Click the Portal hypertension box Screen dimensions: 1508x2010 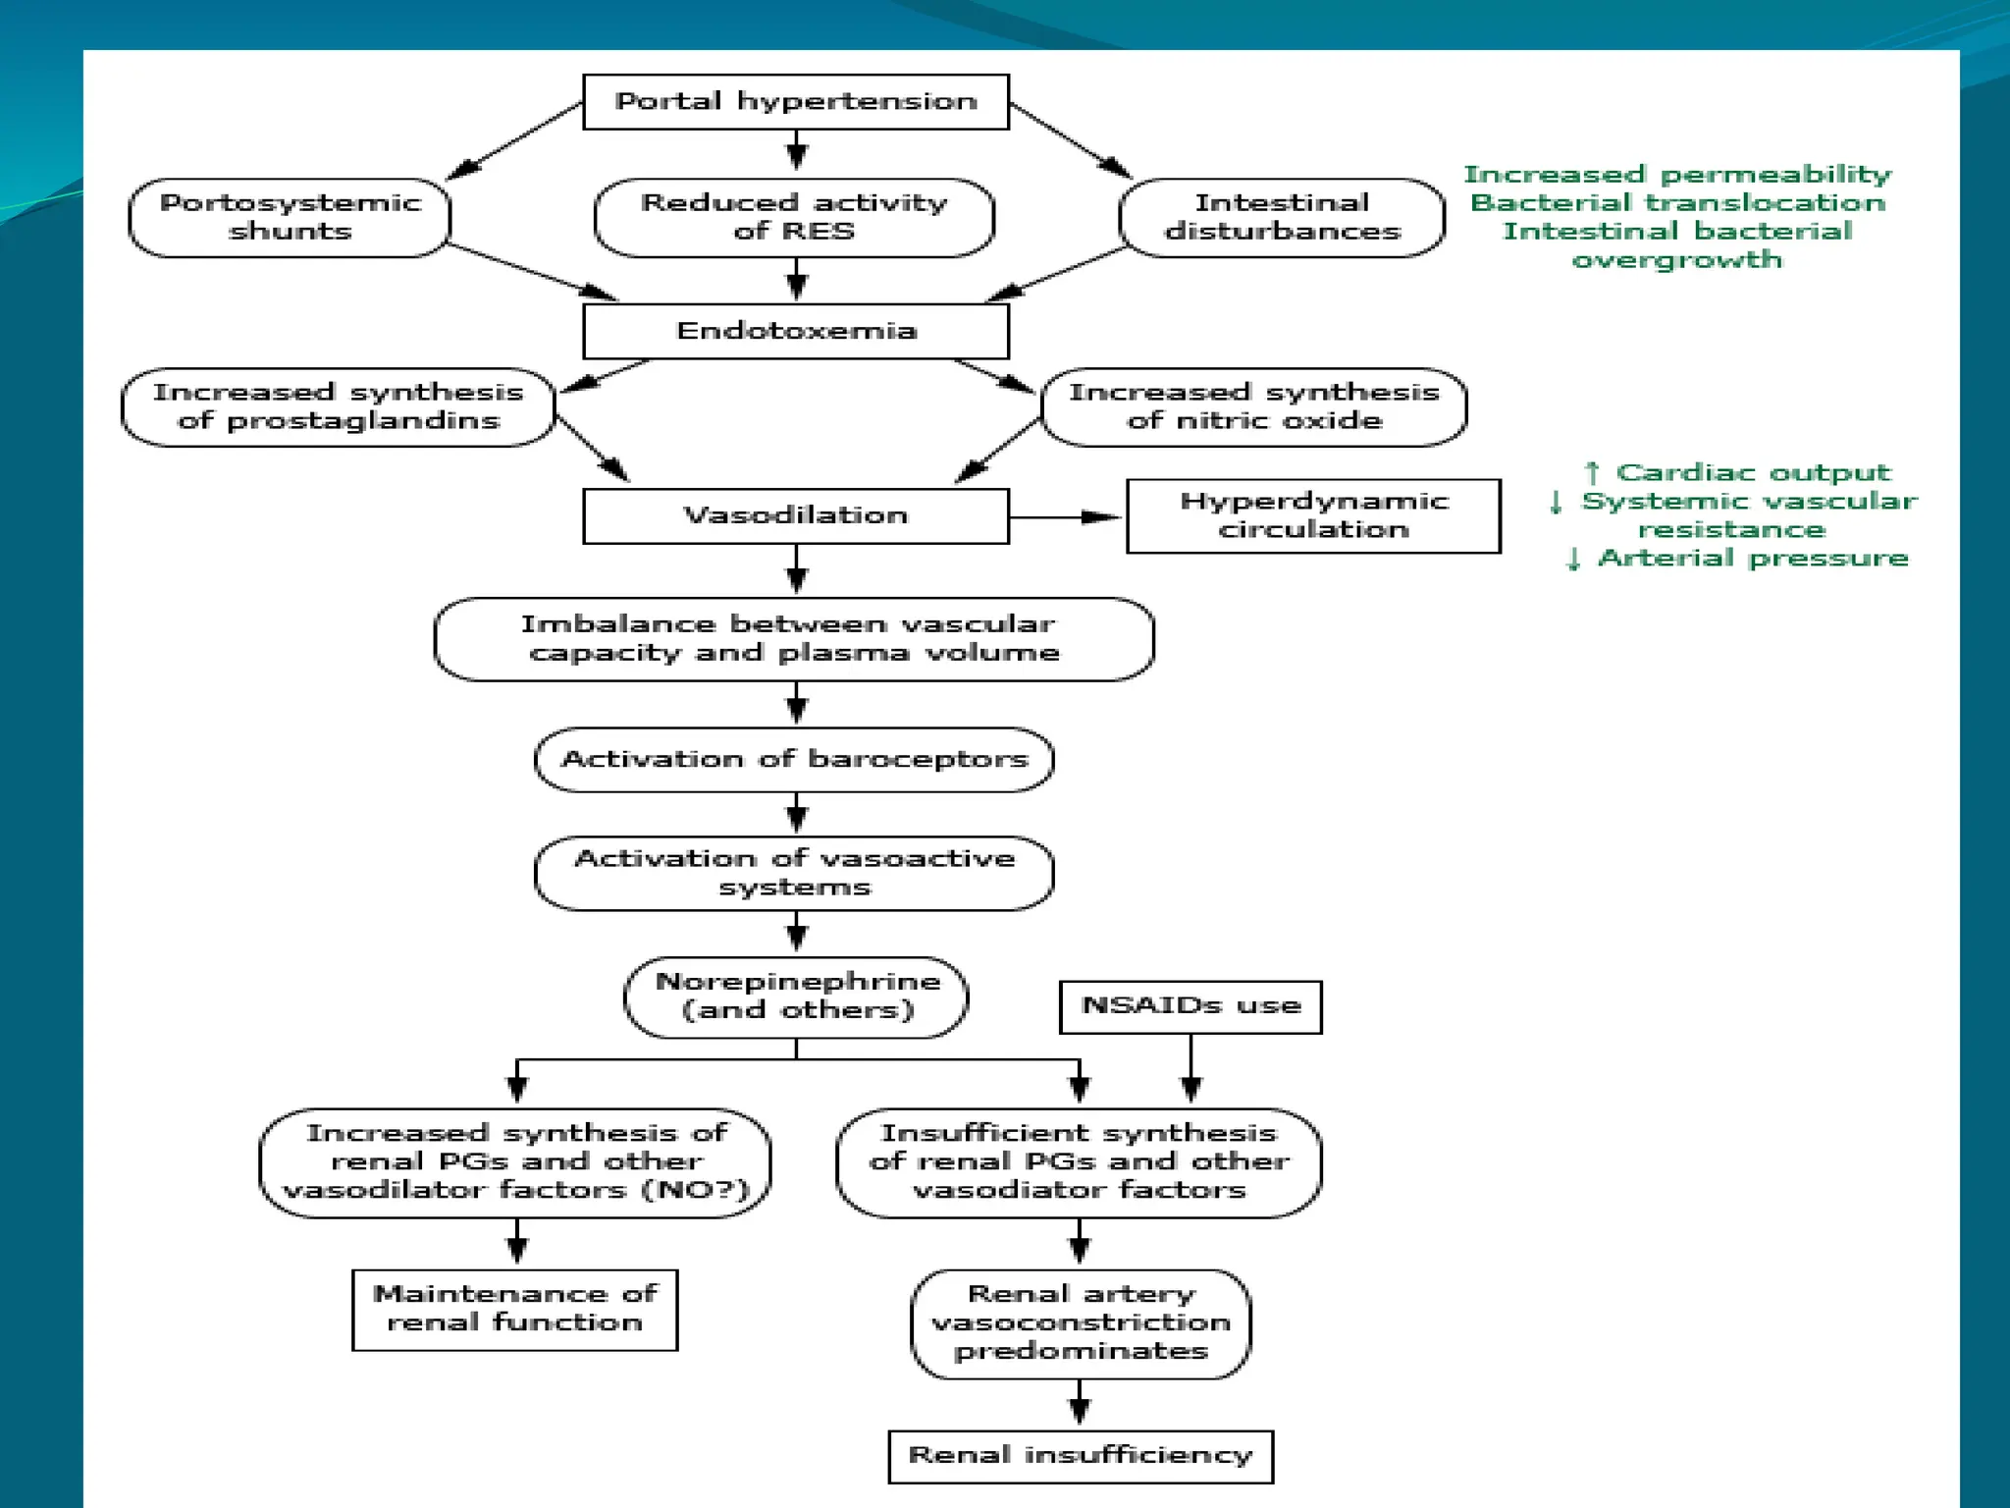pos(795,101)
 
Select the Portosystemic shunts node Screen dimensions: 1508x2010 pos(290,217)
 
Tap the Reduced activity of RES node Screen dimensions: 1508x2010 pos(794,217)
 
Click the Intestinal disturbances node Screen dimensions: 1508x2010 pos(1282,217)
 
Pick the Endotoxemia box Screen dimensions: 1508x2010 pos(795,331)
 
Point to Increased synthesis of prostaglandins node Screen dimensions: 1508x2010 pos(338,406)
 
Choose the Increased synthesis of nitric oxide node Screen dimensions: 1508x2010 pos(1253,406)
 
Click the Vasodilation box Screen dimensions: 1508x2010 pos(795,515)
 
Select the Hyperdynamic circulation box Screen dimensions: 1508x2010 pos(1313,515)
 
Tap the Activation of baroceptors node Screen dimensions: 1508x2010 pos(794,759)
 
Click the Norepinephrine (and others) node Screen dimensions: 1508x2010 pos(796,996)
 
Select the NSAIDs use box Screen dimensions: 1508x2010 pos(1190,1006)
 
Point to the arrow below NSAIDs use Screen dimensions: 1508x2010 pos(1190,1070)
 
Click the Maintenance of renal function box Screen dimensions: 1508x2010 pos(514,1309)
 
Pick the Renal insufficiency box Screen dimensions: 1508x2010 pos(1080,1456)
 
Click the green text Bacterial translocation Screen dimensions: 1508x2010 pos(1677,203)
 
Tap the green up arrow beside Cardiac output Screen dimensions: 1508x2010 pos(1592,473)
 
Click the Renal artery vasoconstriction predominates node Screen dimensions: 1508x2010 pos(1080,1322)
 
